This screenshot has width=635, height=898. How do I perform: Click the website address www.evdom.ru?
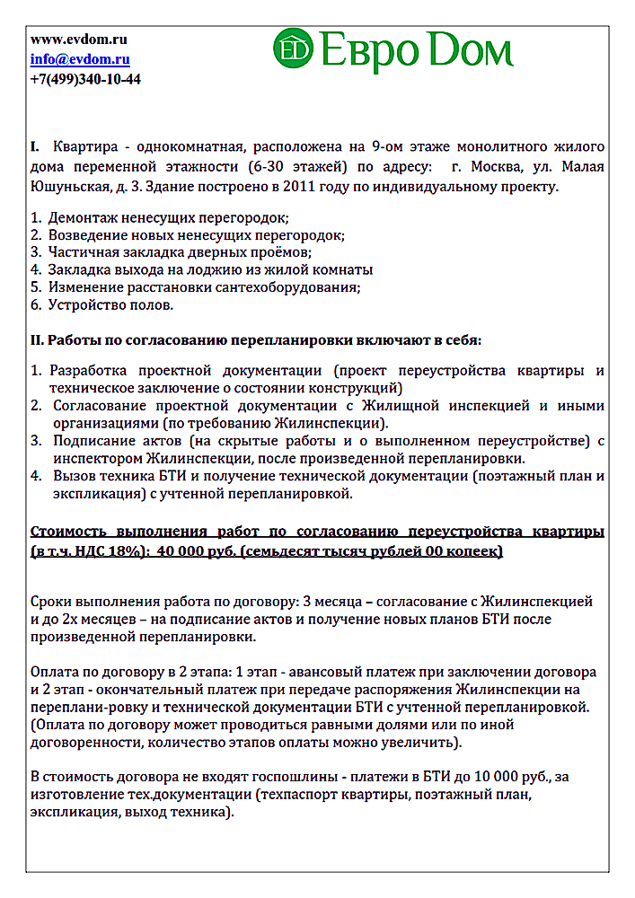[x=78, y=40]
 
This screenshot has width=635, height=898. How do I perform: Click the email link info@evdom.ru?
[x=80, y=59]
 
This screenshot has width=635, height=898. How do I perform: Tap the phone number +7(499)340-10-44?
[x=85, y=79]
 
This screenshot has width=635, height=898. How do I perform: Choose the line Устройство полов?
[x=110, y=304]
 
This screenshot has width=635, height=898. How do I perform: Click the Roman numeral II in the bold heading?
[x=37, y=340]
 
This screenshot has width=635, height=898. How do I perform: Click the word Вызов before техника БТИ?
[x=74, y=476]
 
